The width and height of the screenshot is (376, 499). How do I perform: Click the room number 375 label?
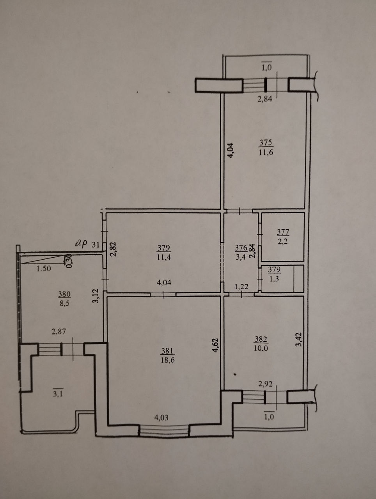click(x=266, y=143)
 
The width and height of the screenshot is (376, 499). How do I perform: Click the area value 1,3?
click(x=274, y=279)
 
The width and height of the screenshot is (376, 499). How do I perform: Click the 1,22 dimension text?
click(x=241, y=287)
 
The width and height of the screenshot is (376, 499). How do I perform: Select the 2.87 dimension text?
click(x=59, y=331)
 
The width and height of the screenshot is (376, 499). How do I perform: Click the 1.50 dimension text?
click(x=44, y=269)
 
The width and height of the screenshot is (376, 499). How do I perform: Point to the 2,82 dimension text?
click(x=113, y=249)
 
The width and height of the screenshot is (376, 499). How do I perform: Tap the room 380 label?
click(x=64, y=294)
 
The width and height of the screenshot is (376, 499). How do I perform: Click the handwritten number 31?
click(x=96, y=245)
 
